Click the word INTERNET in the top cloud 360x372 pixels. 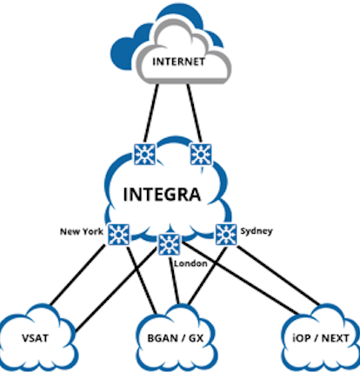(x=178, y=62)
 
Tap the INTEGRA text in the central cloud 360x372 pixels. (x=162, y=195)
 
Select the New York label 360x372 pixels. (x=82, y=231)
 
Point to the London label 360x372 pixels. (x=190, y=263)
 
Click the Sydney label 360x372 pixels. (x=257, y=231)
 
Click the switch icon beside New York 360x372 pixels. (x=118, y=235)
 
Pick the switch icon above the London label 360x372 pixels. (x=169, y=244)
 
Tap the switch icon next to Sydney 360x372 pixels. (x=226, y=235)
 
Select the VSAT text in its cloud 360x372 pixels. (x=35, y=338)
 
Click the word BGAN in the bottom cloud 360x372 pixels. (x=163, y=338)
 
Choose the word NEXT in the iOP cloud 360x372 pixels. (x=336, y=338)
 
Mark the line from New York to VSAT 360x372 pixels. (x=77, y=275)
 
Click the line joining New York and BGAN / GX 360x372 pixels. (x=142, y=280)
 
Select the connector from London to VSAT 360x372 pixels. (x=117, y=289)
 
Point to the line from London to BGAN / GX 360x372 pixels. (x=174, y=281)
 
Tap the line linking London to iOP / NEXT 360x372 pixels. (x=241, y=278)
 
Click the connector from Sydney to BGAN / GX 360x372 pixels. (x=208, y=276)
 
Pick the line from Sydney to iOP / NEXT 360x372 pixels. (x=279, y=276)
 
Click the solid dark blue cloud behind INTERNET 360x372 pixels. (x=124, y=50)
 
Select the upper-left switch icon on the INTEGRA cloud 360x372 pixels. (x=145, y=155)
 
